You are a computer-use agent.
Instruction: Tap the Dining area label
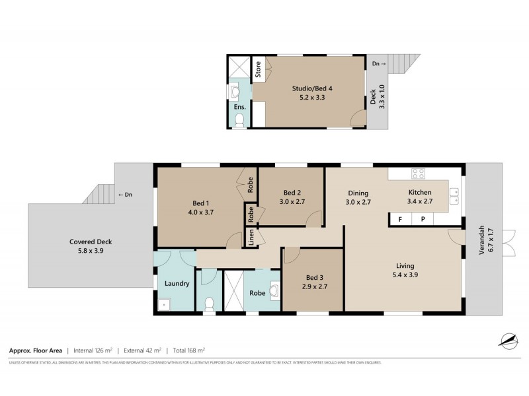[359, 193]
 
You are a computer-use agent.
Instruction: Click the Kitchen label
[419, 193]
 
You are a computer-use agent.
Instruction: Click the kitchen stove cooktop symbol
[418, 174]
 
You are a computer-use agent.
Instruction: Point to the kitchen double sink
[454, 194]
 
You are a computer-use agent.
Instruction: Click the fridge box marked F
[399, 219]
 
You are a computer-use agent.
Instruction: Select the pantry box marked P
[423, 219]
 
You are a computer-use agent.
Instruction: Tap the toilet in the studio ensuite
[239, 119]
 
